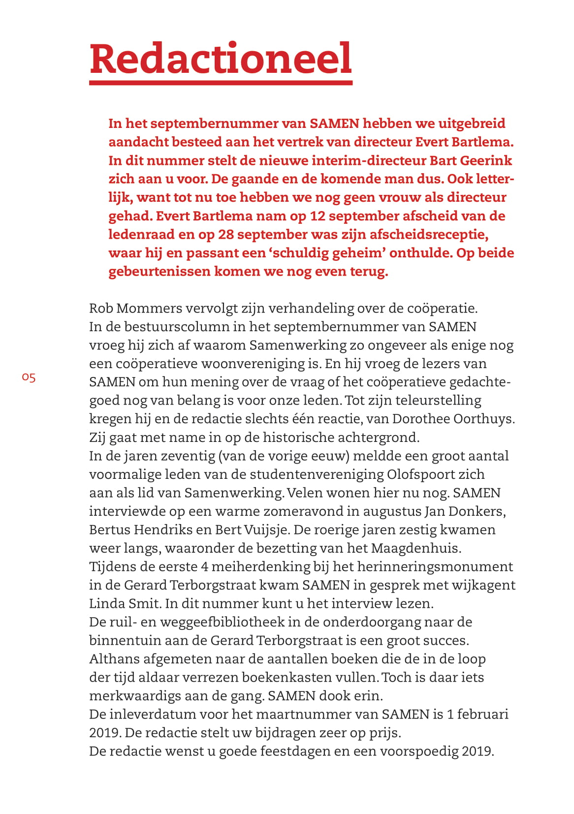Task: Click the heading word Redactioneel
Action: [221, 59]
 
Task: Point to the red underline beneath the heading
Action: [221, 83]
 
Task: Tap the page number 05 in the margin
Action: [29, 377]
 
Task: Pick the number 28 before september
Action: [226, 234]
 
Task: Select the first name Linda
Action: [105, 604]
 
